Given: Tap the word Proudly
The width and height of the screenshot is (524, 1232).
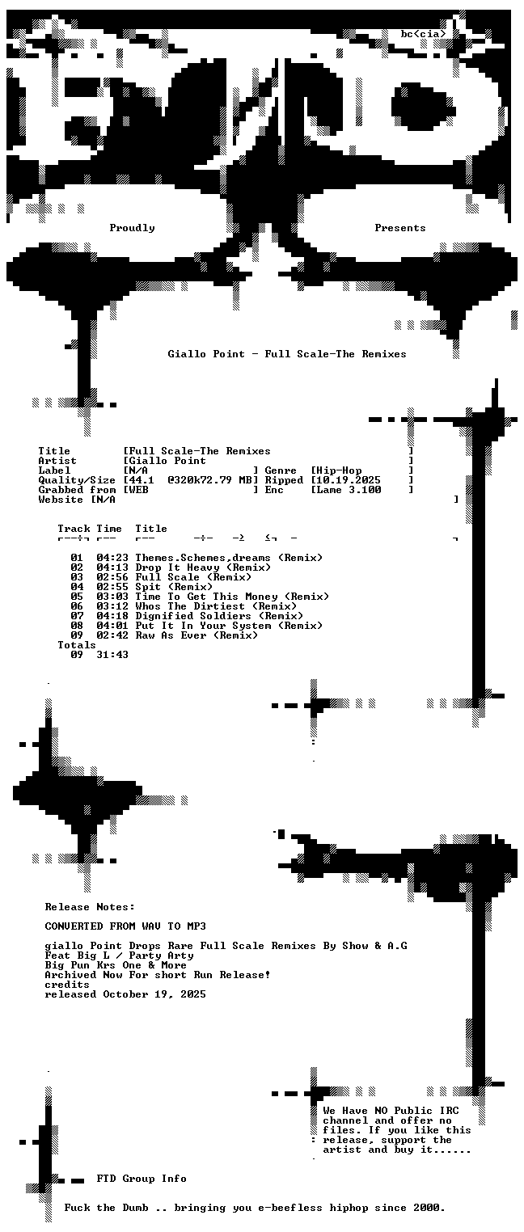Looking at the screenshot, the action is pyautogui.click(x=132, y=228).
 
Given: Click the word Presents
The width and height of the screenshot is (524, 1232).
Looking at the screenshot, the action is pyautogui.click(x=400, y=228).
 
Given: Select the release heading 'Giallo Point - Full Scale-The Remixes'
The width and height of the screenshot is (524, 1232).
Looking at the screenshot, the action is pyautogui.click(x=287, y=354).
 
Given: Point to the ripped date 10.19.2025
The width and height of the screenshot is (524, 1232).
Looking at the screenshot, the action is pyautogui.click(x=349, y=480).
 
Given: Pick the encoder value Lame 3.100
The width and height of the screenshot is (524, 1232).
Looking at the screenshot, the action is pyautogui.click(x=349, y=490).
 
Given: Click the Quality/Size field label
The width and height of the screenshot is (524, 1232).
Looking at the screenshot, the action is pyautogui.click(x=77, y=481).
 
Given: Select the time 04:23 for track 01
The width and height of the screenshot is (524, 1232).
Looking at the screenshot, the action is pyautogui.click(x=112, y=559).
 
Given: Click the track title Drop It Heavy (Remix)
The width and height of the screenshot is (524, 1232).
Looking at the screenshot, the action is pyautogui.click(x=203, y=568).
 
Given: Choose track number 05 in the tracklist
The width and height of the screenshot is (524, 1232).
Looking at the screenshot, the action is pyautogui.click(x=77, y=597).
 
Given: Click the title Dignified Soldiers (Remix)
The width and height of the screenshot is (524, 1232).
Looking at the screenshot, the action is pyautogui.click(x=219, y=617).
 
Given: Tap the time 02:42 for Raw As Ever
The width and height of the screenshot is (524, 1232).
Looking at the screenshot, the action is pyautogui.click(x=112, y=635).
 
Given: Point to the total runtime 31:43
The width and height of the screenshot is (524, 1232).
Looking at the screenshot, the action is pyautogui.click(x=112, y=655).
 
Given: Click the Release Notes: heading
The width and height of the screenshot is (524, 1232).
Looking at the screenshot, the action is pyautogui.click(x=90, y=907).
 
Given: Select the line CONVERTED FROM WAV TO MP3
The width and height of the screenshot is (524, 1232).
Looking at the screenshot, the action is pyautogui.click(x=125, y=926).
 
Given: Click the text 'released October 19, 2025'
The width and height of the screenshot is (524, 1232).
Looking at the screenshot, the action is pyautogui.click(x=125, y=994).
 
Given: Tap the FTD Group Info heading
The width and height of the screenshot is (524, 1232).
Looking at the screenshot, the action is pyautogui.click(x=142, y=1179).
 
